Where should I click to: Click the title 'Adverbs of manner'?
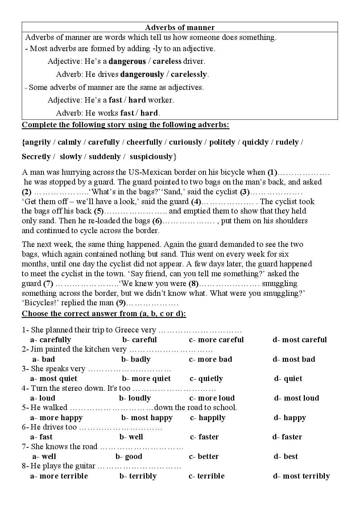pos(180,28)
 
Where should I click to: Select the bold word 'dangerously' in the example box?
pos(142,74)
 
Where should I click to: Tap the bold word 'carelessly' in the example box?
pos(189,74)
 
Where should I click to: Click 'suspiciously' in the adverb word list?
pos(151,157)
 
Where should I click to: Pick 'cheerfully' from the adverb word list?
pos(144,142)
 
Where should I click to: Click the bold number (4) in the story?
pos(196,202)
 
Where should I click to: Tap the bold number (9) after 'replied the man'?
pos(121,303)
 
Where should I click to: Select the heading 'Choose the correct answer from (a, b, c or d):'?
pos(104,314)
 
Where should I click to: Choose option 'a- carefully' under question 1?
pos(50,340)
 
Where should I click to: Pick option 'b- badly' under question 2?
pos(136,360)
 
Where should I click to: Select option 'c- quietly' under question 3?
pos(206,379)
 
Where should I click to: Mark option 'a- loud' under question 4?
pos(42,398)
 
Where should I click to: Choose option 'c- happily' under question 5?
pos(208,418)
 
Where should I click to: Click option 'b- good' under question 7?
pos(129,457)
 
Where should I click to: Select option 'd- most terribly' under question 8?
pos(301,476)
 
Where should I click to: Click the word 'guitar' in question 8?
pos(86,466)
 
